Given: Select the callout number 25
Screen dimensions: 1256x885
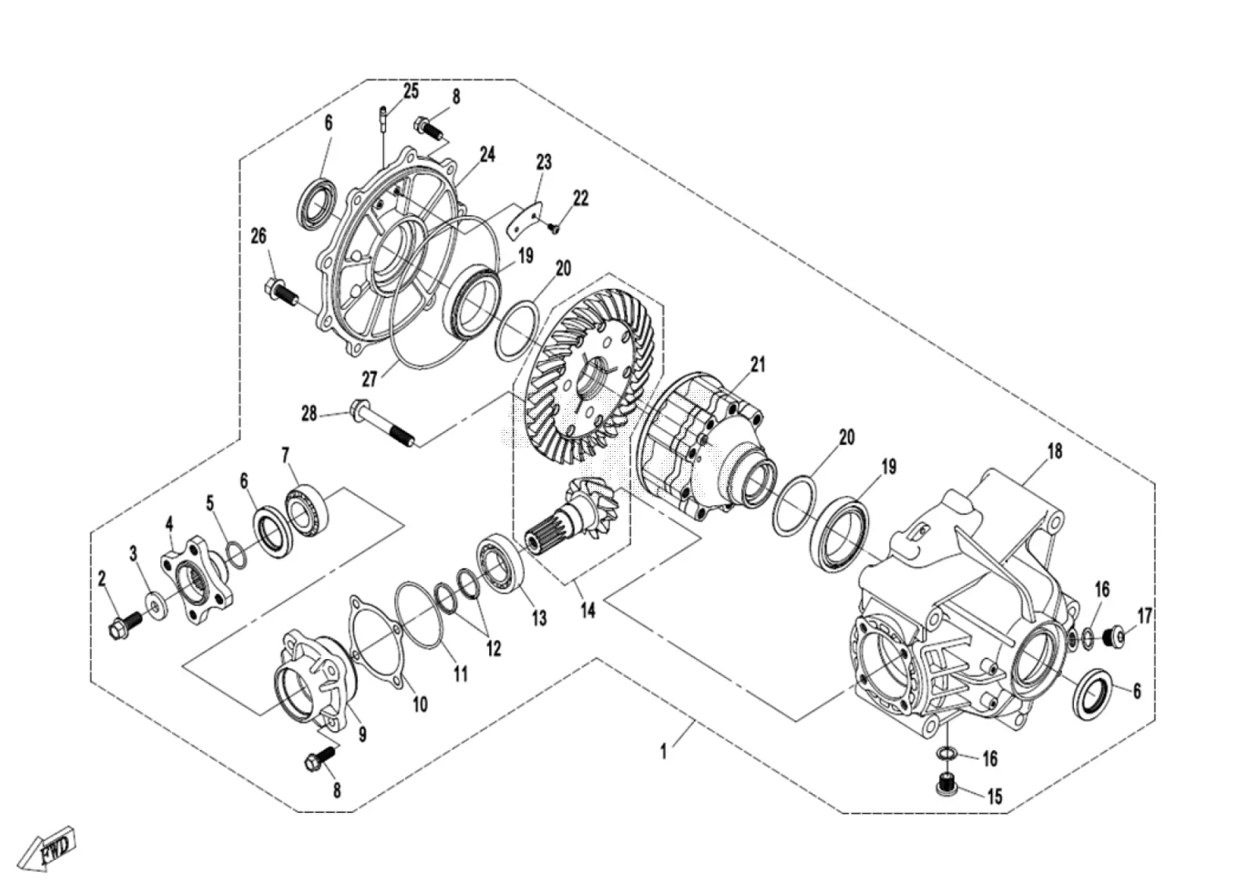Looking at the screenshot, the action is pyautogui.click(x=411, y=91).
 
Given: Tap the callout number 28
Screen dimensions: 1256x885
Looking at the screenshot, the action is pyautogui.click(x=309, y=414).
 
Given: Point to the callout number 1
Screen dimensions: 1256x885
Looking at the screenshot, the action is pyautogui.click(x=663, y=752).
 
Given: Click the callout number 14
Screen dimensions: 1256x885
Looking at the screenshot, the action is pyautogui.click(x=587, y=610).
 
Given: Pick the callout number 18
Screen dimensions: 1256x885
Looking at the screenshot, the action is pyautogui.click(x=1055, y=451).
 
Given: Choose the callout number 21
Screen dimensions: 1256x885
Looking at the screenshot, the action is pyautogui.click(x=758, y=365).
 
